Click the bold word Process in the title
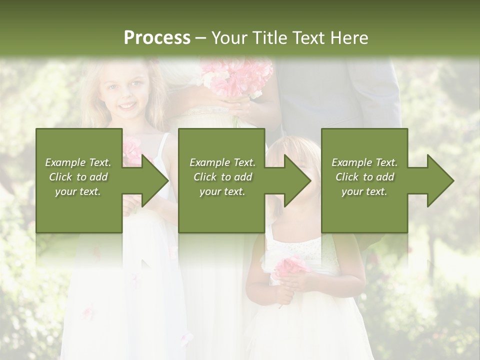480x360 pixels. click(157, 38)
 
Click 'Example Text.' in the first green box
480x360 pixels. click(78, 162)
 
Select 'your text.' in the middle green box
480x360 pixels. click(222, 191)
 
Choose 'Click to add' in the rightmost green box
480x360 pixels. click(364, 177)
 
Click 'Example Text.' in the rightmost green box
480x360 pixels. click(364, 162)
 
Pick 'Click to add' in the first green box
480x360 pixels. click(78, 177)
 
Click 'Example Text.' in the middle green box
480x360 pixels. click(222, 162)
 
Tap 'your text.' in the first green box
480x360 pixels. click(78, 191)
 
